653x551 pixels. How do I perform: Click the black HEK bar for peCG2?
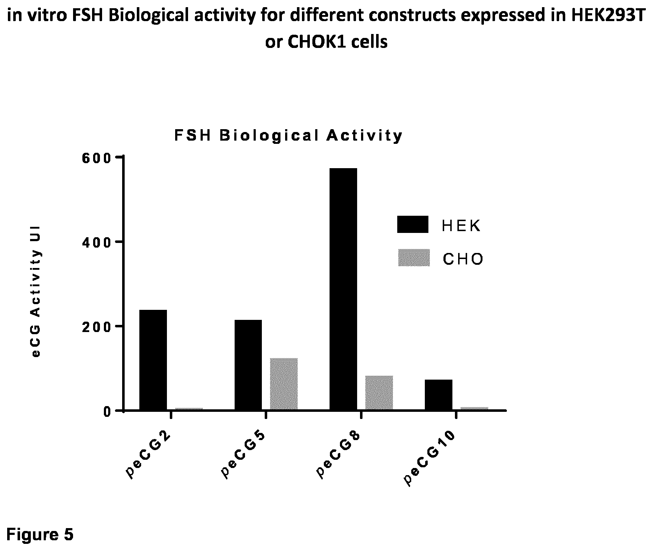point(153,360)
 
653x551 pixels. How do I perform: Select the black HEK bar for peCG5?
point(248,365)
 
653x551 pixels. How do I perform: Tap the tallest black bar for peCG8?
point(343,289)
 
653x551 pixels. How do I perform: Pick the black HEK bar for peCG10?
point(438,395)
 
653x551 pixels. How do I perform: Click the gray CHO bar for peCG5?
point(284,384)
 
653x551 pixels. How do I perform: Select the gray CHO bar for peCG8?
point(379,392)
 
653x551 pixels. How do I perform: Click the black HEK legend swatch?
point(413,224)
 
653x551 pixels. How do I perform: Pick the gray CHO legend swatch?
point(414,258)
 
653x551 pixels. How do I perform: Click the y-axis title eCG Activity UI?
point(36,292)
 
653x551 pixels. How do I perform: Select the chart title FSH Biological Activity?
point(289,136)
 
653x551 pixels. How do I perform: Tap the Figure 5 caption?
point(40,535)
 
